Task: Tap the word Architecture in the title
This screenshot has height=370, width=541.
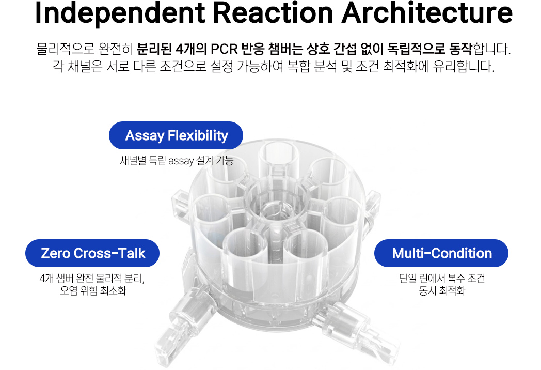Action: (x=427, y=12)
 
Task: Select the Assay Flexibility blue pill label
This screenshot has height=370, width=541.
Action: (x=176, y=135)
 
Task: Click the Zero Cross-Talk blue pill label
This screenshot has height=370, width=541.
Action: (x=92, y=253)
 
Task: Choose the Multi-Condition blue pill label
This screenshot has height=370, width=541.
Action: (x=441, y=253)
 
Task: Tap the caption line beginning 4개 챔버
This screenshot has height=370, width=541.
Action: (x=92, y=279)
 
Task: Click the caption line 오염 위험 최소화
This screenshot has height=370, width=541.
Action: (x=93, y=290)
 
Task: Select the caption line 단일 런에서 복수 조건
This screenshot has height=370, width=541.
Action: (x=442, y=278)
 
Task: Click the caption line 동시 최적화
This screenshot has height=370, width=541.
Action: (x=442, y=290)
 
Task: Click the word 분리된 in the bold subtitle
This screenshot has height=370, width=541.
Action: (x=154, y=49)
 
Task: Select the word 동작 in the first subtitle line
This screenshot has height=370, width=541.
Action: (x=460, y=49)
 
